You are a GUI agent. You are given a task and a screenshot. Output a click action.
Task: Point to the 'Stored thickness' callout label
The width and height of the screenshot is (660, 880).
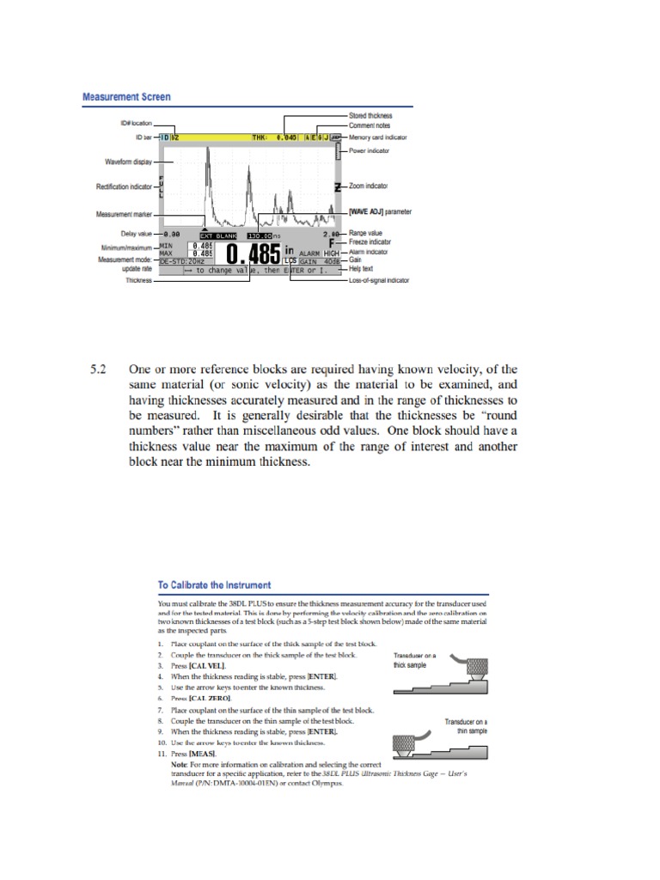pos(370,115)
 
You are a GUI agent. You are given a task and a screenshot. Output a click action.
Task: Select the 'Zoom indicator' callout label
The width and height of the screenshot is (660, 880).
pos(370,186)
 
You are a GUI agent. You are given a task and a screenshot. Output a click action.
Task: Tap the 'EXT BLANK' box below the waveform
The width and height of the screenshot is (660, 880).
pos(217,235)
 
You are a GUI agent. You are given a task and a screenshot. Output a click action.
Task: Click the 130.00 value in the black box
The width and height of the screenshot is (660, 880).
pos(260,235)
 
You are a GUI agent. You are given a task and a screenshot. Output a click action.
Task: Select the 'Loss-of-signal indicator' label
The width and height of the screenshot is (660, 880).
pos(379,280)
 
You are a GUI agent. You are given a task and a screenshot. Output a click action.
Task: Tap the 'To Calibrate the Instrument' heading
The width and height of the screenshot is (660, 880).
pos(214,584)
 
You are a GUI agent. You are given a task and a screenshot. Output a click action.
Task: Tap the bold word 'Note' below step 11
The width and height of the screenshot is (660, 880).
pos(179,764)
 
